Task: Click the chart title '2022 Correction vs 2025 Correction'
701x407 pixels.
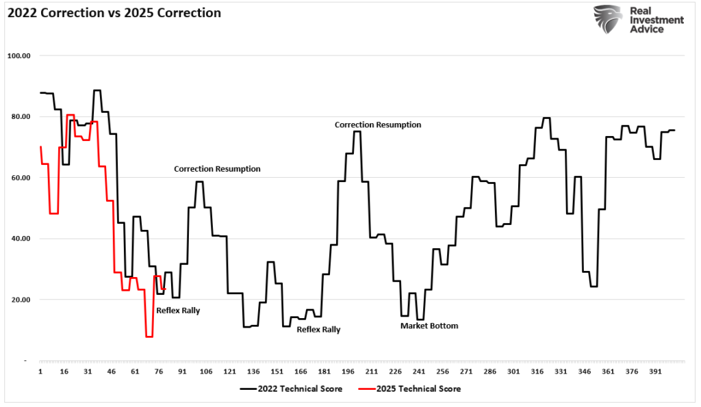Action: pyautogui.click(x=114, y=13)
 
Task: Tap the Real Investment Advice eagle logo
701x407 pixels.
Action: pyautogui.click(x=608, y=19)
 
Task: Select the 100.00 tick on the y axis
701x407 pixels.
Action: pyautogui.click(x=18, y=56)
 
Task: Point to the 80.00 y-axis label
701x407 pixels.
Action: pyautogui.click(x=21, y=116)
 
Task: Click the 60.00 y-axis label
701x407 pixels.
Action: pyautogui.click(x=21, y=178)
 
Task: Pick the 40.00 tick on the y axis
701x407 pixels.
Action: pyautogui.click(x=21, y=239)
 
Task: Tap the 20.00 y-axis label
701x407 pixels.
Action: pyautogui.click(x=21, y=300)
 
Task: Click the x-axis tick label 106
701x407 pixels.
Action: pyautogui.click(x=206, y=371)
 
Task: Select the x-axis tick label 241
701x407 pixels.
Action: pyautogui.click(x=419, y=371)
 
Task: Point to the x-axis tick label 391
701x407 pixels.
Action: pyautogui.click(x=655, y=371)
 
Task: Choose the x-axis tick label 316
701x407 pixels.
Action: pyautogui.click(x=537, y=371)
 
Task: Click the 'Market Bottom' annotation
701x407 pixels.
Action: pyautogui.click(x=429, y=326)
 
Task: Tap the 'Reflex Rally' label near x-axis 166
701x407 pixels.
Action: pyautogui.click(x=319, y=330)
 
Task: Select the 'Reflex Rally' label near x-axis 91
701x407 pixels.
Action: pyautogui.click(x=178, y=311)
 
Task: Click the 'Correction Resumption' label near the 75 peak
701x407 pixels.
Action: pyautogui.click(x=378, y=124)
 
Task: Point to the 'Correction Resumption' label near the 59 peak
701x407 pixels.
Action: pyautogui.click(x=217, y=169)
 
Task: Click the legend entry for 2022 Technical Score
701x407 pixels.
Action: pyautogui.click(x=291, y=389)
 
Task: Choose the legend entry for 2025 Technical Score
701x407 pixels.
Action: pyautogui.click(x=409, y=389)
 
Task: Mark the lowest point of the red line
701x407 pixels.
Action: pyautogui.click(x=149, y=337)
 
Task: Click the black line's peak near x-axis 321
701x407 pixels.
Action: pyautogui.click(x=546, y=118)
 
